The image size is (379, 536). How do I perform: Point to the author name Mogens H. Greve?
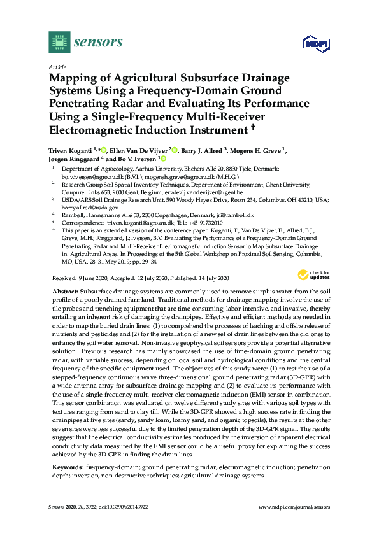tap(261, 150)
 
